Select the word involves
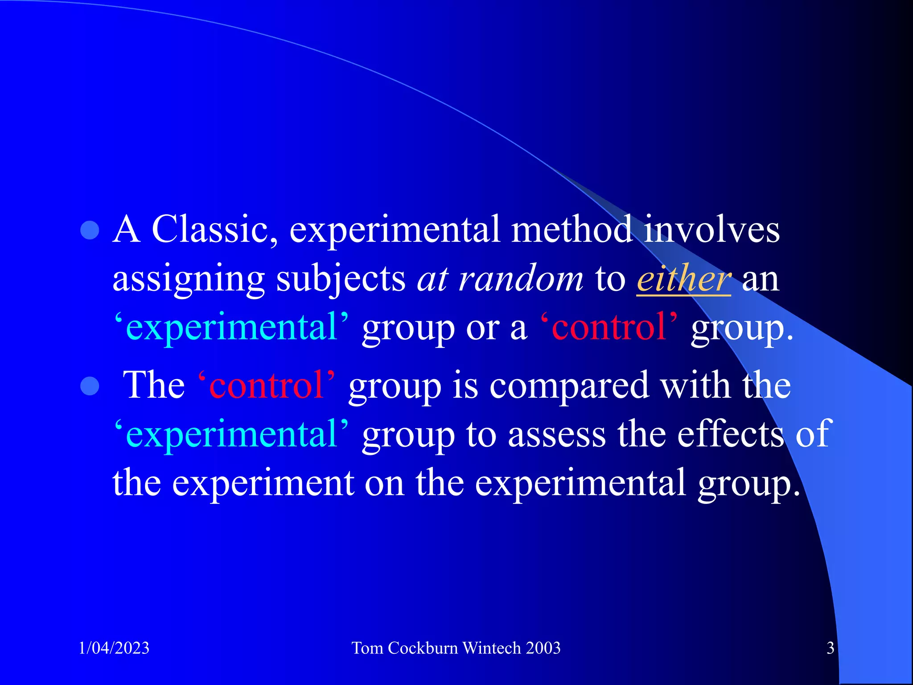[x=711, y=229]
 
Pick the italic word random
[x=521, y=279]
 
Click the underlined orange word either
[x=683, y=279]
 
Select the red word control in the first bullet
[x=609, y=327]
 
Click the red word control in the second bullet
[x=266, y=385]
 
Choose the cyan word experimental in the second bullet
[x=231, y=435]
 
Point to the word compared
[x=569, y=386]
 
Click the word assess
[x=557, y=434]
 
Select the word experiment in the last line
[x=263, y=483]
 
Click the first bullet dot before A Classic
[x=90, y=231]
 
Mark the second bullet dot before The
[x=90, y=386]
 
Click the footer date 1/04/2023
[x=114, y=648]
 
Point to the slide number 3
[x=830, y=648]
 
